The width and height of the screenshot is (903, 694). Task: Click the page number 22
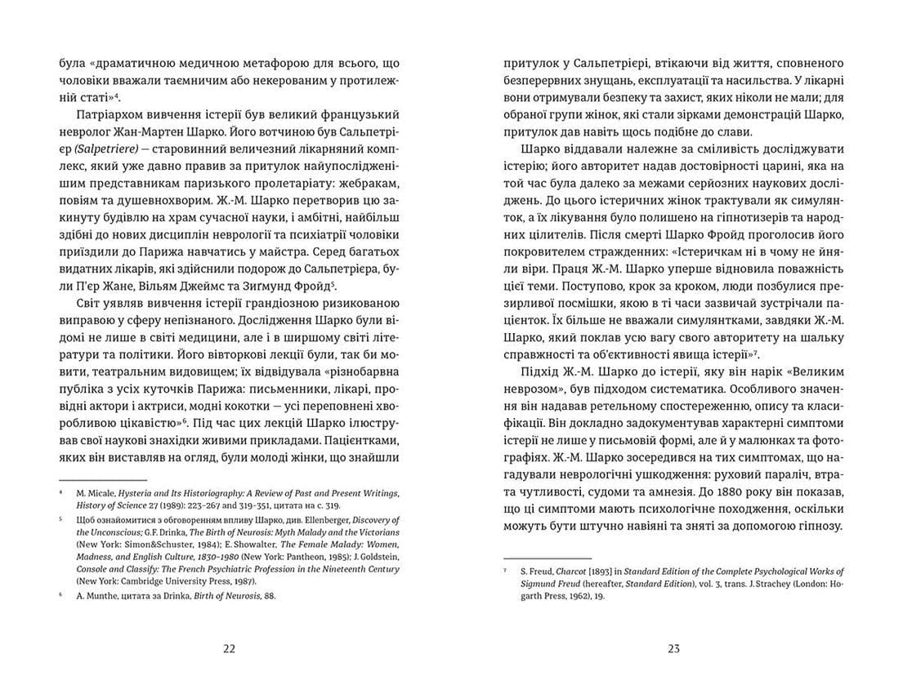(229, 649)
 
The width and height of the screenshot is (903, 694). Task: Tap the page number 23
(673, 649)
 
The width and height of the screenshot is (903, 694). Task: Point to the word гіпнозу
(813, 527)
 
